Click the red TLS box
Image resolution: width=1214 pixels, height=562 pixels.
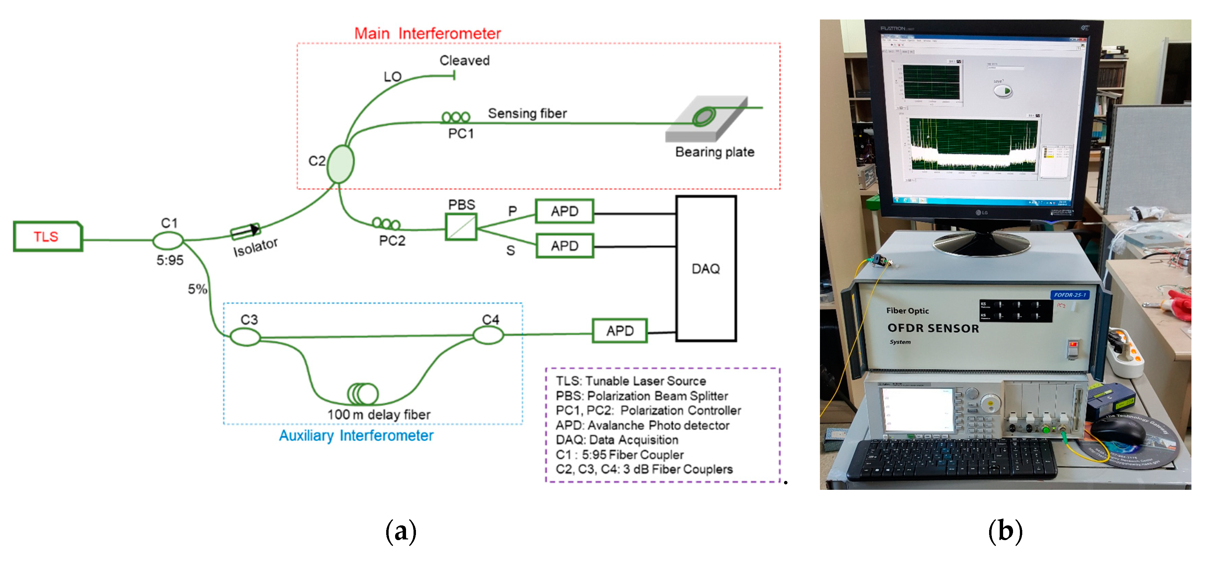pyautogui.click(x=48, y=236)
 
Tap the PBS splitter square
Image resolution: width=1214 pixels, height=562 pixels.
pyautogui.click(x=461, y=227)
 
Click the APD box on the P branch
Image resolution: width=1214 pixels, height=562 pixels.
pyautogui.click(x=564, y=211)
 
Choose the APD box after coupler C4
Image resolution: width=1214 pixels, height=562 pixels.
pyautogui.click(x=619, y=330)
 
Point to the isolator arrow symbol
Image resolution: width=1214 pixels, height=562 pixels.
pyautogui.click(x=245, y=231)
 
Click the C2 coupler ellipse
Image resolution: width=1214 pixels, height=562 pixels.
pyautogui.click(x=340, y=164)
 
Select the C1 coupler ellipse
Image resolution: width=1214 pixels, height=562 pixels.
pyautogui.click(x=168, y=240)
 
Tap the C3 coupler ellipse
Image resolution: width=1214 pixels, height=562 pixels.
pyautogui.click(x=245, y=337)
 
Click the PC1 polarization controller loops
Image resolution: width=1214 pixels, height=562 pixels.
pyautogui.click(x=456, y=117)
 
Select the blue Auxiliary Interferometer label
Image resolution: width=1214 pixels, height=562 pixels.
pyautogui.click(x=356, y=435)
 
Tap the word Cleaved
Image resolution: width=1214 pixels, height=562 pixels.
pyautogui.click(x=464, y=60)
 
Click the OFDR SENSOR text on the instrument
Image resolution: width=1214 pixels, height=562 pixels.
pyautogui.click(x=933, y=328)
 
